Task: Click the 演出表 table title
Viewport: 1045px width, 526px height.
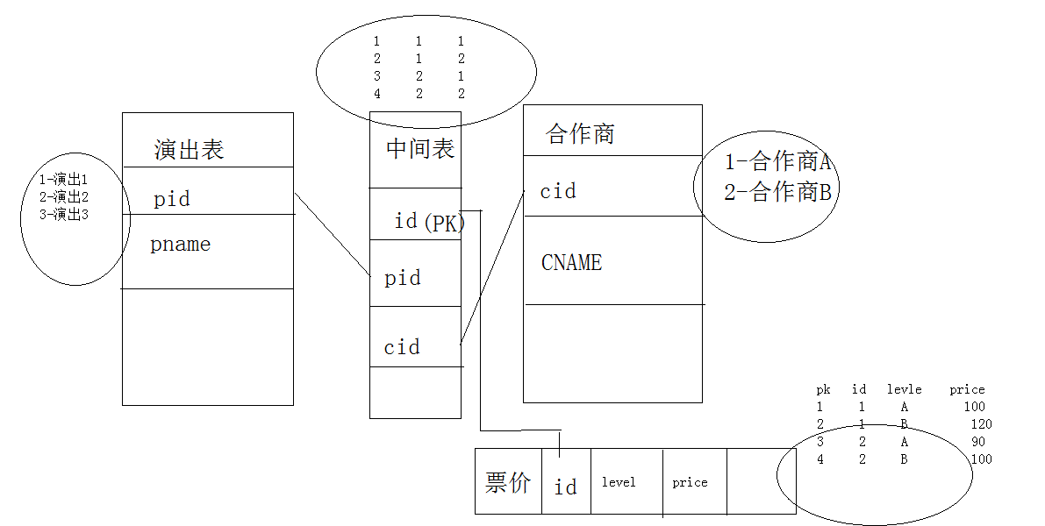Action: point(189,150)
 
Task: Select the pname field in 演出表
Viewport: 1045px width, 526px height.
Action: point(180,245)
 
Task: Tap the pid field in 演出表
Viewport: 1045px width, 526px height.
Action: point(171,199)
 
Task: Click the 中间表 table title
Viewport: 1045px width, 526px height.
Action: point(420,149)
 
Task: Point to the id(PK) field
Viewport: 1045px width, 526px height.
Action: point(430,221)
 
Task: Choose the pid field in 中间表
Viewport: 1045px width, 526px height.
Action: point(403,278)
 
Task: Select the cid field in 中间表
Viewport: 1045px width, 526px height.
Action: point(402,347)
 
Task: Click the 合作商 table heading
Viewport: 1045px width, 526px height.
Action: point(580,134)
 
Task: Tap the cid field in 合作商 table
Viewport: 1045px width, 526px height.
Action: point(558,191)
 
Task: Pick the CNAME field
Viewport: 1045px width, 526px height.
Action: point(571,262)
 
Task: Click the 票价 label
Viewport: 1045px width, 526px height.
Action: point(508,482)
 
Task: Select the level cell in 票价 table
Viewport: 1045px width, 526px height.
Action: point(619,482)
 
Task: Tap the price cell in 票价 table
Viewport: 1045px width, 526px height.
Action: point(690,482)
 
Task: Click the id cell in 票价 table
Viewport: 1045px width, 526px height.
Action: point(566,486)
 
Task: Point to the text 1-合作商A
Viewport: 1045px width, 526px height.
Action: point(777,162)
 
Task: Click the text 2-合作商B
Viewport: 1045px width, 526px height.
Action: point(777,192)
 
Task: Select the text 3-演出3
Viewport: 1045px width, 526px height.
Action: point(63,214)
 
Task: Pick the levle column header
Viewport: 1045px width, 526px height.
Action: point(904,389)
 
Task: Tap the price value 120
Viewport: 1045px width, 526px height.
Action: point(981,424)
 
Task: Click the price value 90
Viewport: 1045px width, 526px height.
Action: point(978,442)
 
